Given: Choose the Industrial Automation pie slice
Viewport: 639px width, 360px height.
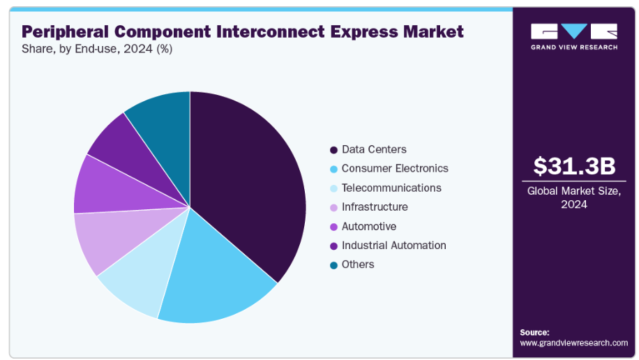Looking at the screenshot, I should click(x=115, y=143).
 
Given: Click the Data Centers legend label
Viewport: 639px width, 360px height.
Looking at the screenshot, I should click(x=374, y=149).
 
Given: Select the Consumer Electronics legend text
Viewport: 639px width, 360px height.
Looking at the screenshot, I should click(x=395, y=168).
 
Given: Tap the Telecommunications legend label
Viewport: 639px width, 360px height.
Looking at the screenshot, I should click(x=391, y=188).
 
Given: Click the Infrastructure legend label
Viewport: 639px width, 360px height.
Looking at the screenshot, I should click(x=375, y=207).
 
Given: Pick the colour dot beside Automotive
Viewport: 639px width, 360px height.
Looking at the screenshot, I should click(x=333, y=227).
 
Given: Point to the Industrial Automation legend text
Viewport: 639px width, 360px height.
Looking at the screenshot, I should click(x=393, y=245).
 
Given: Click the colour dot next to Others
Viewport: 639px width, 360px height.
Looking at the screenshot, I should click(x=333, y=265).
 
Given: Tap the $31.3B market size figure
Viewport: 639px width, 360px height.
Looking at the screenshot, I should click(x=574, y=166).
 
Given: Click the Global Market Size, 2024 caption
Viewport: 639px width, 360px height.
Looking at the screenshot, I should click(x=574, y=197).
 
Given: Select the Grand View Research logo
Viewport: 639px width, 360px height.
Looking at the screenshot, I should click(x=574, y=36).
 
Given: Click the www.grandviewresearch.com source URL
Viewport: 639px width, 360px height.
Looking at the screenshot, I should click(x=573, y=343).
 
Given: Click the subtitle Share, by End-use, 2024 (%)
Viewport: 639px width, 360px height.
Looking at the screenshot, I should click(x=98, y=49).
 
